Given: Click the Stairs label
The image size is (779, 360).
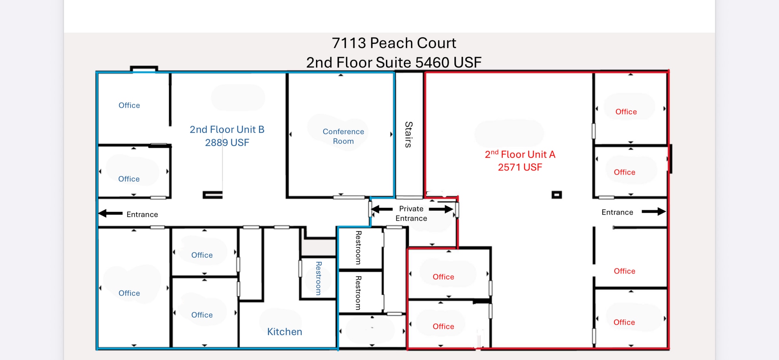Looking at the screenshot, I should (x=409, y=134).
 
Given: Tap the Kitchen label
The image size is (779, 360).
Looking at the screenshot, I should (x=285, y=331).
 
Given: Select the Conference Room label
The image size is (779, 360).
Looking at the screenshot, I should (x=343, y=136).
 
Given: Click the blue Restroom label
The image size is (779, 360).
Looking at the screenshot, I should (x=319, y=278).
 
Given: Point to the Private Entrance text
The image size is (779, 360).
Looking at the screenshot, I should (x=411, y=213).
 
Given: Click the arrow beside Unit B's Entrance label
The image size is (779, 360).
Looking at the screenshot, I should (x=110, y=213).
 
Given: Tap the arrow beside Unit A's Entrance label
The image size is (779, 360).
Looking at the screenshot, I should (x=653, y=212).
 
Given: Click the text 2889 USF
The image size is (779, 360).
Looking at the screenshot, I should (x=227, y=143).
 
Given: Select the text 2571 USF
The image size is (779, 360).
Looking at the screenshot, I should (x=520, y=167).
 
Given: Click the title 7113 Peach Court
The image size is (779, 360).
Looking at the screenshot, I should (x=394, y=43).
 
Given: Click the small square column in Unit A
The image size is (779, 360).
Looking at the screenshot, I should (x=556, y=195).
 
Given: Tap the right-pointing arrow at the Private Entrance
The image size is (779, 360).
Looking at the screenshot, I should (x=441, y=209).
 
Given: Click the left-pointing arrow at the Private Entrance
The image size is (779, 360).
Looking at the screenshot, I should (x=382, y=209).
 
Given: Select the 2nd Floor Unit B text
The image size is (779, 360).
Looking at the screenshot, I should (x=227, y=129).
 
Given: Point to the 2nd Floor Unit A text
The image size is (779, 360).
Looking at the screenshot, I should (x=520, y=154).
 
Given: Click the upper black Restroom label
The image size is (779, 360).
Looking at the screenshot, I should (x=358, y=247).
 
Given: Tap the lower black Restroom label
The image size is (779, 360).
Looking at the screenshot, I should (x=358, y=293).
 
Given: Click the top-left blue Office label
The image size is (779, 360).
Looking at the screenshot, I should (x=129, y=105).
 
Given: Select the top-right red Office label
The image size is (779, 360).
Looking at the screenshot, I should (x=626, y=112).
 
